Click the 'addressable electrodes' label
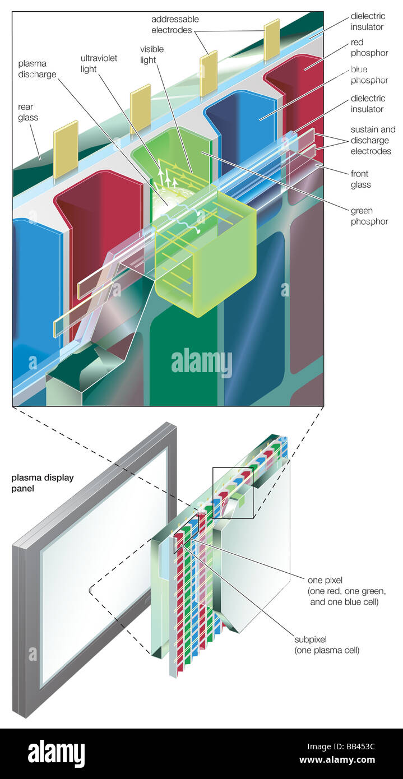click(x=175, y=24)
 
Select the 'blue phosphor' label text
click(x=369, y=75)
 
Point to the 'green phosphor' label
click(x=369, y=216)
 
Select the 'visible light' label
click(x=152, y=54)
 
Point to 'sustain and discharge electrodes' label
click(x=373, y=140)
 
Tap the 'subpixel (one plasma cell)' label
click(x=327, y=645)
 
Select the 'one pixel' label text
click(x=325, y=580)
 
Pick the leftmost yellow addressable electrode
click(x=66, y=145)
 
